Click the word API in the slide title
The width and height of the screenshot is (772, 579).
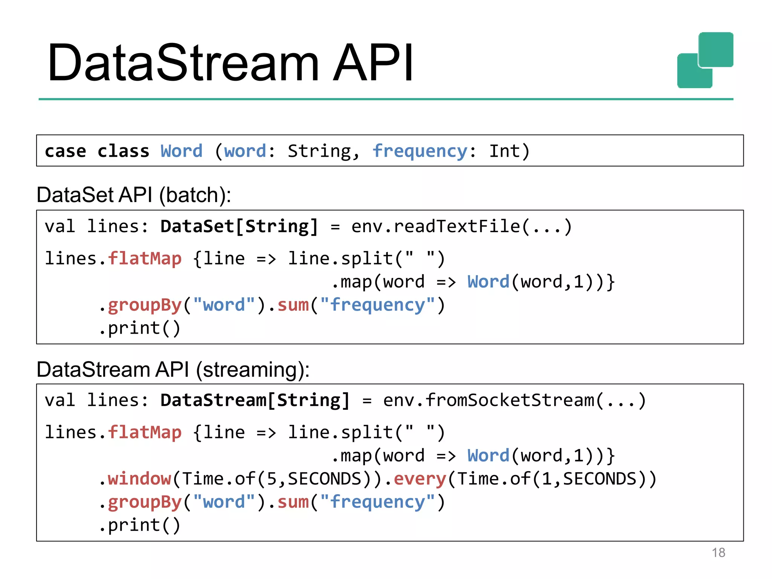[x=373, y=63]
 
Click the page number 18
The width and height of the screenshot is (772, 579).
[x=718, y=553]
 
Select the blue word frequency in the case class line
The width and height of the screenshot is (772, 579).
[x=420, y=152]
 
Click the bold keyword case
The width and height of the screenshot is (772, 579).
[x=65, y=152]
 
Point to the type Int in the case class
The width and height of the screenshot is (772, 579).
[x=505, y=152]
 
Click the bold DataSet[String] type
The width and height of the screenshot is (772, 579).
[x=239, y=227]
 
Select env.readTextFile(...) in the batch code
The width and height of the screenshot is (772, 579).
[x=462, y=227]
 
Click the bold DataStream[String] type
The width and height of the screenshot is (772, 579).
[x=255, y=400]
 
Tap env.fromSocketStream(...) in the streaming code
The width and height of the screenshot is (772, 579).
[x=515, y=400]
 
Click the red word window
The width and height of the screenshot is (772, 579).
[x=139, y=479]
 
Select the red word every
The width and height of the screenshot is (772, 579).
[x=420, y=479]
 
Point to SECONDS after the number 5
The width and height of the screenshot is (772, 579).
[x=325, y=479]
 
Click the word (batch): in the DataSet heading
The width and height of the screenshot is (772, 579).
[x=195, y=195]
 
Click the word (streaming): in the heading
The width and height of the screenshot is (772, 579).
[x=253, y=370]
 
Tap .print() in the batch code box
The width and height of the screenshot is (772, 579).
[x=139, y=328]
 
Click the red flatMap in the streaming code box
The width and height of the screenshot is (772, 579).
[x=145, y=433]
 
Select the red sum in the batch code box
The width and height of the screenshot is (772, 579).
[x=293, y=305]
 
